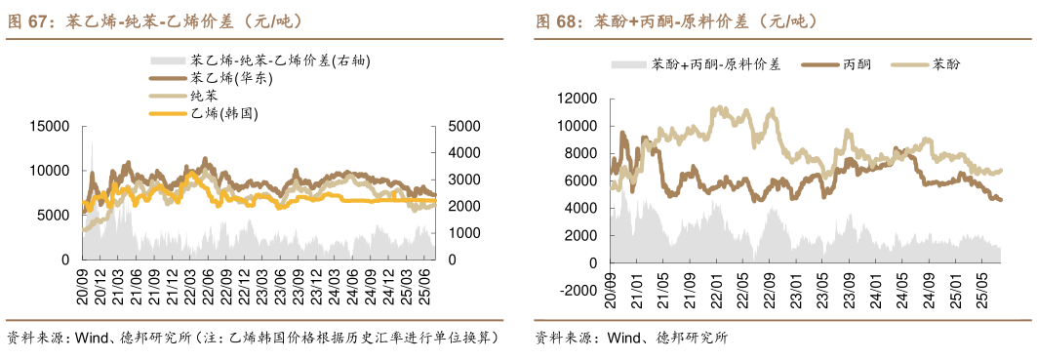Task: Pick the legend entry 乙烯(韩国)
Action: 224,114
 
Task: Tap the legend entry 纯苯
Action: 204,96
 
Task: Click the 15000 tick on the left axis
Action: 51,127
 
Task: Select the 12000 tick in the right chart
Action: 577,100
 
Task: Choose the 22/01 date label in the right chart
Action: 716,292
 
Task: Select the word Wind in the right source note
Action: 623,339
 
